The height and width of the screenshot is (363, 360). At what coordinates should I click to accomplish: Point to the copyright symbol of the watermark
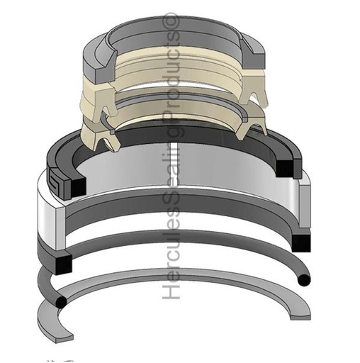point(171,21)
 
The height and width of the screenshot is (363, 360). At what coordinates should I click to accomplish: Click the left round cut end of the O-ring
point(61,302)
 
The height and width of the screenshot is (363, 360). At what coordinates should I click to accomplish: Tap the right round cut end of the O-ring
point(304,280)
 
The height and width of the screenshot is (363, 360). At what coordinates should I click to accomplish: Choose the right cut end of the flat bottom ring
point(300,318)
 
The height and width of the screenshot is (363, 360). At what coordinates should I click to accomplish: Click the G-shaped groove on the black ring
point(57,178)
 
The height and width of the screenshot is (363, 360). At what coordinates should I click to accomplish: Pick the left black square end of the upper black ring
point(78,187)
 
